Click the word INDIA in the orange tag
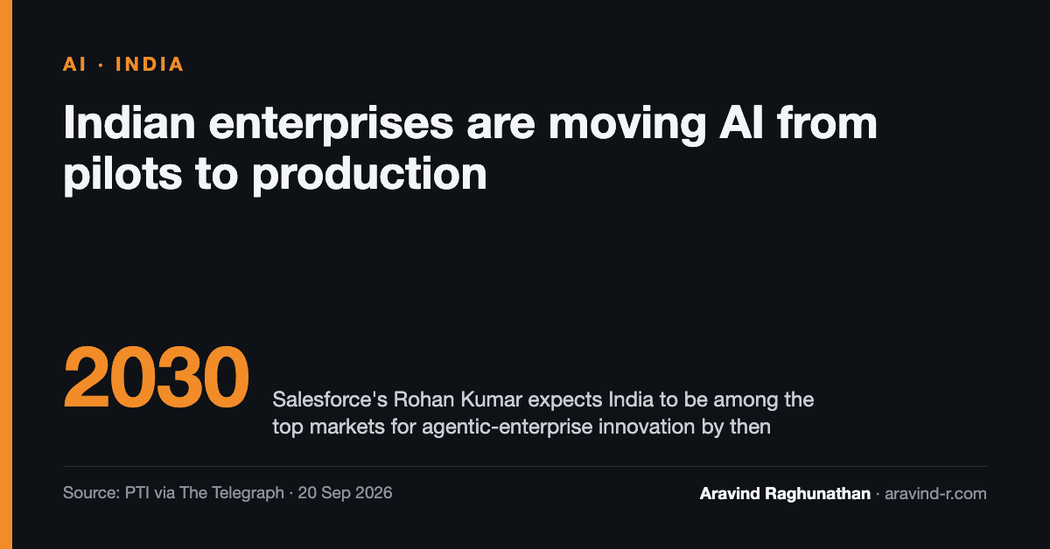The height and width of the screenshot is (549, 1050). tap(149, 64)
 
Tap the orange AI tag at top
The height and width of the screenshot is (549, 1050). tap(74, 64)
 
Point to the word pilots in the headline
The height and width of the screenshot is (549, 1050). tap(122, 175)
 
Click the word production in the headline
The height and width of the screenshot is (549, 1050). tap(369, 175)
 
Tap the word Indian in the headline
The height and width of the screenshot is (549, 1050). tap(129, 122)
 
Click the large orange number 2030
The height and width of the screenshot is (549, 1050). tap(156, 378)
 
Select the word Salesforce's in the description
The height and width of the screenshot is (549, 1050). tap(330, 400)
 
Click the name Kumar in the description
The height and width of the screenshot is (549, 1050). tap(491, 400)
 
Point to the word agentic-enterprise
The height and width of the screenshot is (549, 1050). tap(507, 427)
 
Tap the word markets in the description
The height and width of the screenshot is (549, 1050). tap(346, 427)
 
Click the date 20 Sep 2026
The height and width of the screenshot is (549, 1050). tap(345, 493)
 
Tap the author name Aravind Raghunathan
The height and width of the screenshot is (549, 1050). tap(785, 494)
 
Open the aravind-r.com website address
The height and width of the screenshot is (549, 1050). tap(935, 493)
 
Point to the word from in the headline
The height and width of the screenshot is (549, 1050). tap(827, 122)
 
